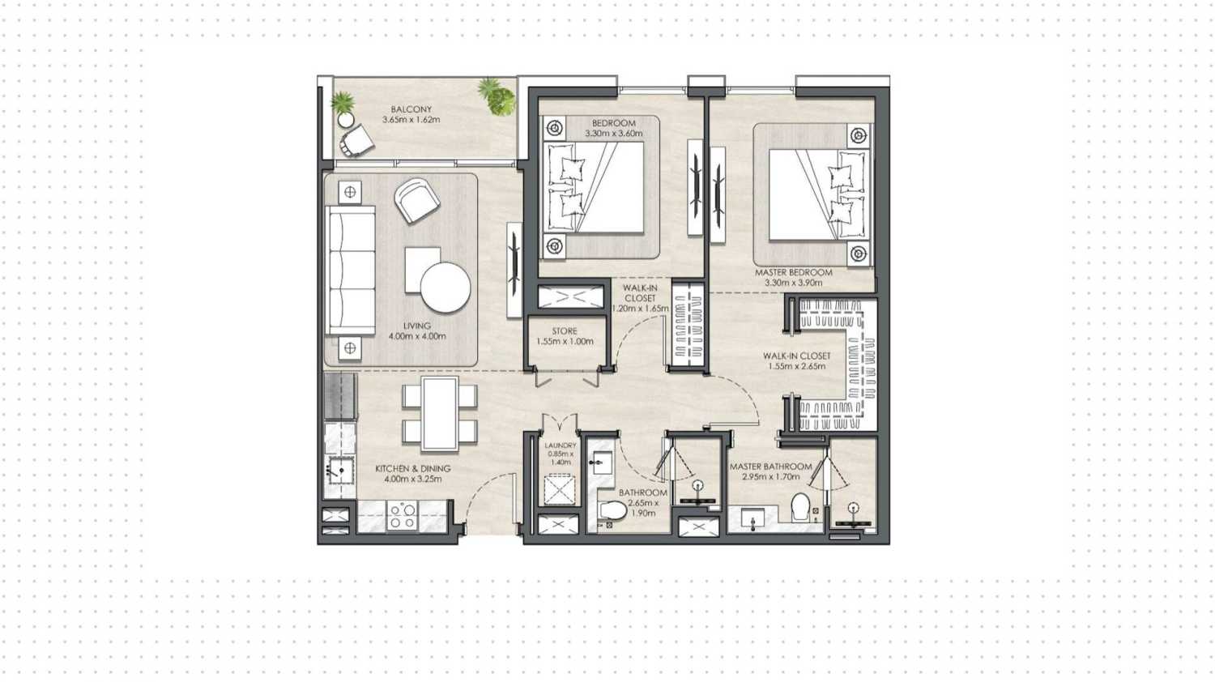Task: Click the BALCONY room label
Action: [411, 109]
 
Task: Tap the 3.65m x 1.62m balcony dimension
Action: [411, 120]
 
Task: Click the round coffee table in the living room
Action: [446, 288]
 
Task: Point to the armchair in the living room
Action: [417, 200]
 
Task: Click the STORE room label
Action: [565, 331]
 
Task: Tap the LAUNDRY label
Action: [561, 445]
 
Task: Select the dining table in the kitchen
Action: [440, 413]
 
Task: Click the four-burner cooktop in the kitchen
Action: [402, 516]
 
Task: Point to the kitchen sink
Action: [339, 469]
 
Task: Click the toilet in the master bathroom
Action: [800, 507]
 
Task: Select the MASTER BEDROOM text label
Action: [793, 273]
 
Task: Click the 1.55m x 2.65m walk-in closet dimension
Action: [797, 366]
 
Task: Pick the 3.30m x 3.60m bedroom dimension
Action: [613, 134]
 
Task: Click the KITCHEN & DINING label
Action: [412, 468]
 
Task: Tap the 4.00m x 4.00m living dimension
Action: [416, 336]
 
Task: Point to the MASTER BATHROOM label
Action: [770, 467]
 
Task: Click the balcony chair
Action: [356, 143]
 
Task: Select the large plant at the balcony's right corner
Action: [497, 96]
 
